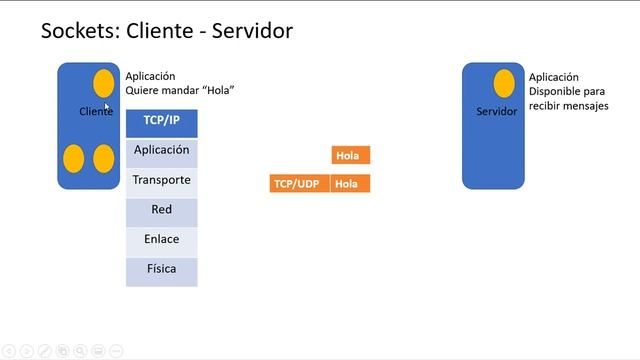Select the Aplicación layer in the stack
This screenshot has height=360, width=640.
pos(161,151)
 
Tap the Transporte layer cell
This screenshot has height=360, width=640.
pos(161,181)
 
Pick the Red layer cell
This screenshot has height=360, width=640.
pos(161,210)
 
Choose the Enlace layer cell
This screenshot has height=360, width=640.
pos(161,240)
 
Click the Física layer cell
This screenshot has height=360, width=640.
pos(161,270)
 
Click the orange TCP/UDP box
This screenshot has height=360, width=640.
pos(299,184)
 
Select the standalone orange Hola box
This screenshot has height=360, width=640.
pos(350,155)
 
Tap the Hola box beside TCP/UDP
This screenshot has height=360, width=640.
pos(350,184)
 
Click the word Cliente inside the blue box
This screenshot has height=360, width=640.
pos(96,112)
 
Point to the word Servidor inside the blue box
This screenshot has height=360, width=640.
pos(496,112)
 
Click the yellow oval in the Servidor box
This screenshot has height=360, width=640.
pos(504,84)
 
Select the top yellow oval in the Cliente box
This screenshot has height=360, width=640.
pos(104,84)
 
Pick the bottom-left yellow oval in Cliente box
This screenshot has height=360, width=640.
pos(74,158)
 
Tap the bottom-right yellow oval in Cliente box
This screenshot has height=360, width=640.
pos(104,158)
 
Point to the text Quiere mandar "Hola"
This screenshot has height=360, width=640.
pos(180,90)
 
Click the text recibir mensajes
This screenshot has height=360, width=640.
pos(568,105)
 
